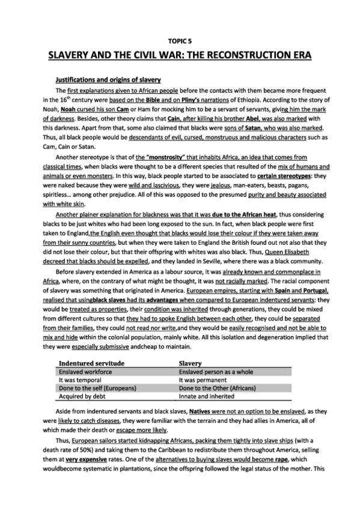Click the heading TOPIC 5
coord(180,43)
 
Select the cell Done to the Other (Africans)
coord(218,389)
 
